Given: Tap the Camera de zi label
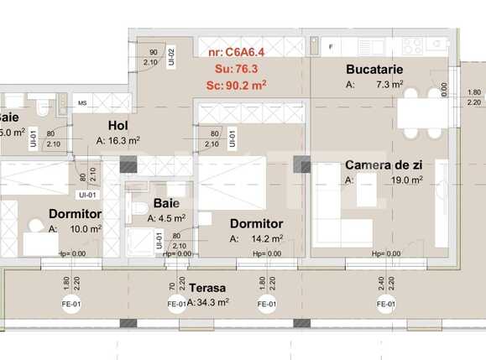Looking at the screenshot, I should coord(383,164).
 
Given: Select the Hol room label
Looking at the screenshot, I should coord(118,127).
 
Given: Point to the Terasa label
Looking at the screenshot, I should coord(211,287).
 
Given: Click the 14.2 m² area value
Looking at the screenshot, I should coord(268,239).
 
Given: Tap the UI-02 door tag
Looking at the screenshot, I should coord(170,56).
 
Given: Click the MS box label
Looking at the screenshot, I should coord(82,103).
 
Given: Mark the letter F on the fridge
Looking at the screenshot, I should coord(332,45).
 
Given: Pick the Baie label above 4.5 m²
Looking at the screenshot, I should coord(166,204).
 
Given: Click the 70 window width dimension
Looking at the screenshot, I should coord(172,283).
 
